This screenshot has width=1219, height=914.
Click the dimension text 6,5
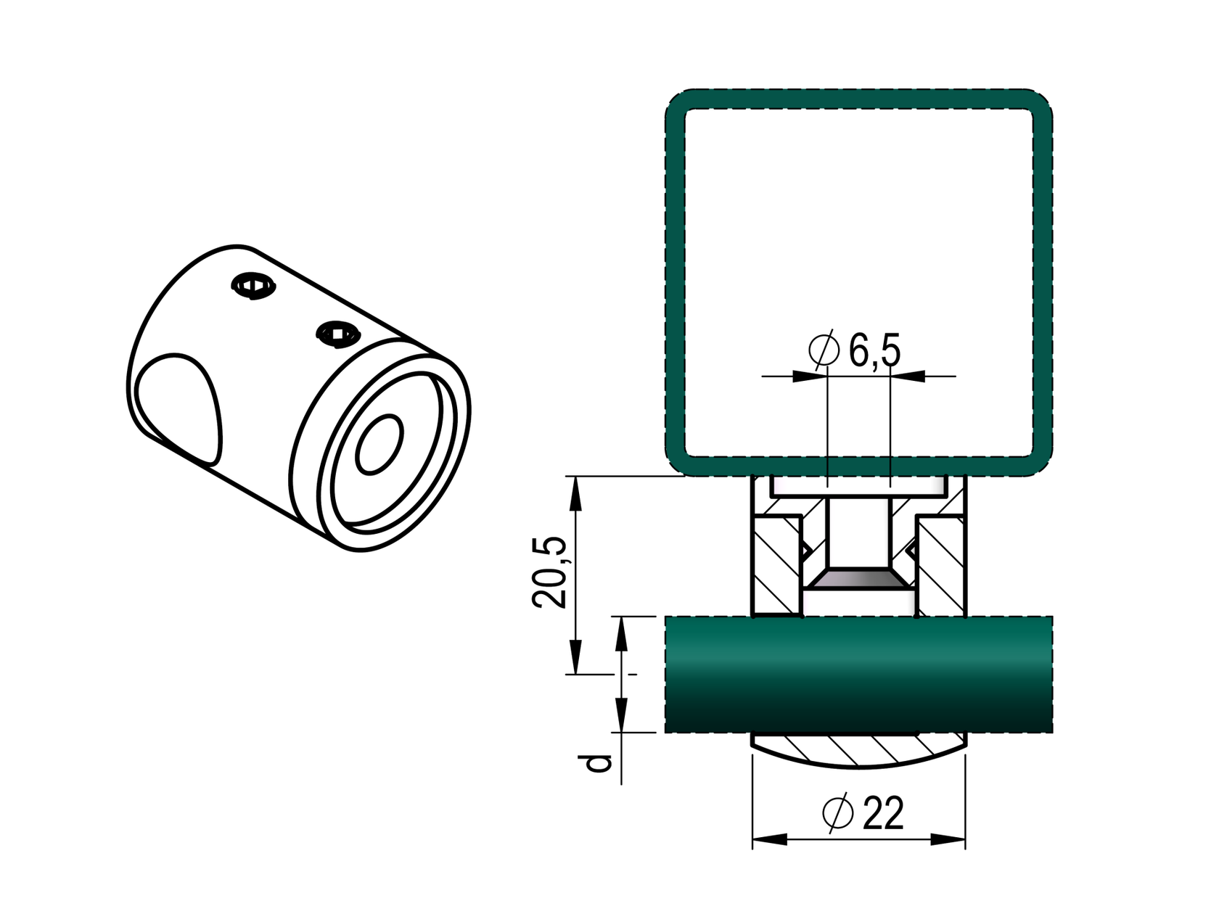click(875, 351)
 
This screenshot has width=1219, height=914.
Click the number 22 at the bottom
click(884, 813)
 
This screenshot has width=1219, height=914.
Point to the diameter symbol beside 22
click(838, 812)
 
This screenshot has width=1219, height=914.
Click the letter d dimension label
click(599, 763)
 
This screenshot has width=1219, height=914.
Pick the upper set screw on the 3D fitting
click(254, 286)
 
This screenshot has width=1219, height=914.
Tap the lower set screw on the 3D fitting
click(338, 334)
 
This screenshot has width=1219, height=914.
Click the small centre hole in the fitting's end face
click(379, 445)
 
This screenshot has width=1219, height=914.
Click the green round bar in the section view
click(858, 675)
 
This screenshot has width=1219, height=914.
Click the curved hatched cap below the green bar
click(859, 751)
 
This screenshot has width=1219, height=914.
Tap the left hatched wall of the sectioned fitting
click(776, 562)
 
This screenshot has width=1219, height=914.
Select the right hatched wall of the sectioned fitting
click(942, 562)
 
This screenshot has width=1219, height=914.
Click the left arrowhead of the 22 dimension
click(769, 840)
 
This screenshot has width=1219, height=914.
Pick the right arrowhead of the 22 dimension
click(948, 840)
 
